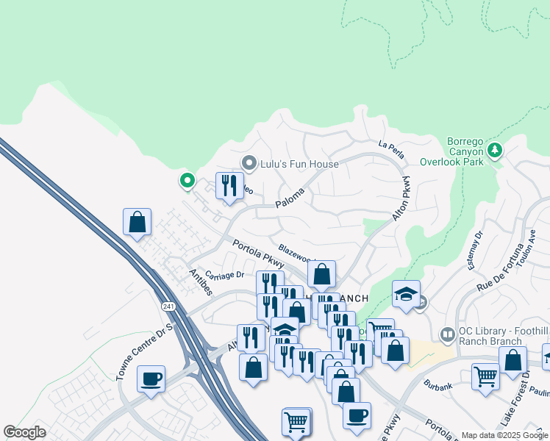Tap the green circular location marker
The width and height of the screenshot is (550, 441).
(x=187, y=179)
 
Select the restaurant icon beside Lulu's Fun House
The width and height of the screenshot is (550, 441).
(x=229, y=184)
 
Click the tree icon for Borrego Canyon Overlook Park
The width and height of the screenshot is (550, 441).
(x=495, y=150)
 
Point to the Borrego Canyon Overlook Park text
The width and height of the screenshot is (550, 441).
(x=452, y=151)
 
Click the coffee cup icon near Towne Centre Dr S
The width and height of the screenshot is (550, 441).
(x=151, y=379)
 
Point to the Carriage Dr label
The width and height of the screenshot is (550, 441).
(x=224, y=276)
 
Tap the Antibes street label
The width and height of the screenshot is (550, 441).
(x=201, y=282)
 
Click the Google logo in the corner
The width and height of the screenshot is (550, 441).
(x=24, y=432)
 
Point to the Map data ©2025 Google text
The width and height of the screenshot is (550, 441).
(x=504, y=435)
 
